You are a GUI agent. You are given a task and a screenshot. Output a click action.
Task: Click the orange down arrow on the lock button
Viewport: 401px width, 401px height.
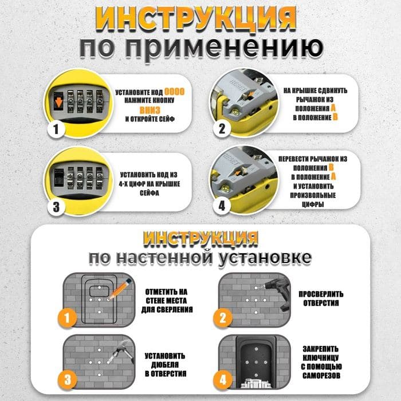point(59,103)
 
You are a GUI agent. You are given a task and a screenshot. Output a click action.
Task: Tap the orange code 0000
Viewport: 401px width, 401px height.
point(174,92)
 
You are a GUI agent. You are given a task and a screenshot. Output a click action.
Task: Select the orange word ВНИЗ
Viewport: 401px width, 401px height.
point(150,110)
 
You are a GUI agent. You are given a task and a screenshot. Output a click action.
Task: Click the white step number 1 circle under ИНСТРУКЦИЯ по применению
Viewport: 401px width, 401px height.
point(56,129)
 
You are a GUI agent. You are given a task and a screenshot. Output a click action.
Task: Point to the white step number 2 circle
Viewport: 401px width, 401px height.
point(222,128)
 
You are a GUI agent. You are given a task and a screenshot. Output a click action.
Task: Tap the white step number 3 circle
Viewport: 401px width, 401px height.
point(56,206)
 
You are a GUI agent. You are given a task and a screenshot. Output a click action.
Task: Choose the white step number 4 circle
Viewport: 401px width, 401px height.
point(222,205)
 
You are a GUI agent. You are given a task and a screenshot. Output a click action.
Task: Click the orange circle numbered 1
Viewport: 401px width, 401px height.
point(67,318)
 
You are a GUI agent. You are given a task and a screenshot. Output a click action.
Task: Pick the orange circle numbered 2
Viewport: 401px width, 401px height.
point(223,318)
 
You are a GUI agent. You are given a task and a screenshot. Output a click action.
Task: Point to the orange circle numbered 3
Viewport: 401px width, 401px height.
point(67,379)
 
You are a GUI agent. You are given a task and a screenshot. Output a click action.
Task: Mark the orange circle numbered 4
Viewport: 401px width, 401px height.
point(223,379)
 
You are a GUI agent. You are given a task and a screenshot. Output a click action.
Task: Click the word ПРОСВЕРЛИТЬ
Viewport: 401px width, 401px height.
point(321,294)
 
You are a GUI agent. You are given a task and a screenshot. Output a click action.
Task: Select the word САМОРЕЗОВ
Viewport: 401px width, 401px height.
point(321,375)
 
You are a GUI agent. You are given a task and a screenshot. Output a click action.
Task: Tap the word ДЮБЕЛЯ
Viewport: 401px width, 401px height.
point(165,365)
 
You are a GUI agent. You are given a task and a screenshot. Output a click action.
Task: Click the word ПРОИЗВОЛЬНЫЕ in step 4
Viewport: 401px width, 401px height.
point(313,195)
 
